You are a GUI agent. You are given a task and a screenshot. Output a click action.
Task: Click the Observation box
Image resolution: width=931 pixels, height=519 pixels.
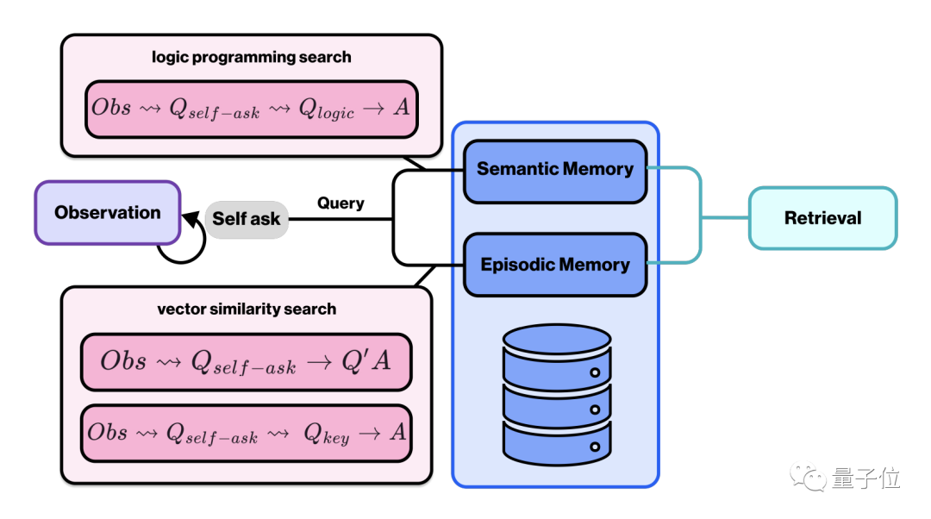[107, 213]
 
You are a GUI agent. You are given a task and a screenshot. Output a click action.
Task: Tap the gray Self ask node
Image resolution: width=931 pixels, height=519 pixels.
[246, 219]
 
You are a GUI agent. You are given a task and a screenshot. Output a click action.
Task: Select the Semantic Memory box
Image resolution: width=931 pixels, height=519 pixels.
[555, 170]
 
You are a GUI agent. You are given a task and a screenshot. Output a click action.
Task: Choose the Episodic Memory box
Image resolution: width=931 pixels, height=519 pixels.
[555, 265]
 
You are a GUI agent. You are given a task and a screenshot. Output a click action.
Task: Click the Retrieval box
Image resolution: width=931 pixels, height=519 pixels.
[822, 218]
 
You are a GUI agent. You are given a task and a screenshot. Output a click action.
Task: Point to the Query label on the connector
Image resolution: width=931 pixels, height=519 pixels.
[341, 203]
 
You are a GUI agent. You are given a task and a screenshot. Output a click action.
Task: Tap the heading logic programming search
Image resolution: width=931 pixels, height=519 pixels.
[252, 58]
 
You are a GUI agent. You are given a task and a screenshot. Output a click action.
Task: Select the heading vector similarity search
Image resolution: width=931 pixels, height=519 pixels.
[247, 309]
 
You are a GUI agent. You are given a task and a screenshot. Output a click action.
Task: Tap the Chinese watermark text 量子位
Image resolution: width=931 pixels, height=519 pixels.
[865, 478]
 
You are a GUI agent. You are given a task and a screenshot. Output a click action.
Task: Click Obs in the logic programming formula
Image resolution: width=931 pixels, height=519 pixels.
[111, 108]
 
